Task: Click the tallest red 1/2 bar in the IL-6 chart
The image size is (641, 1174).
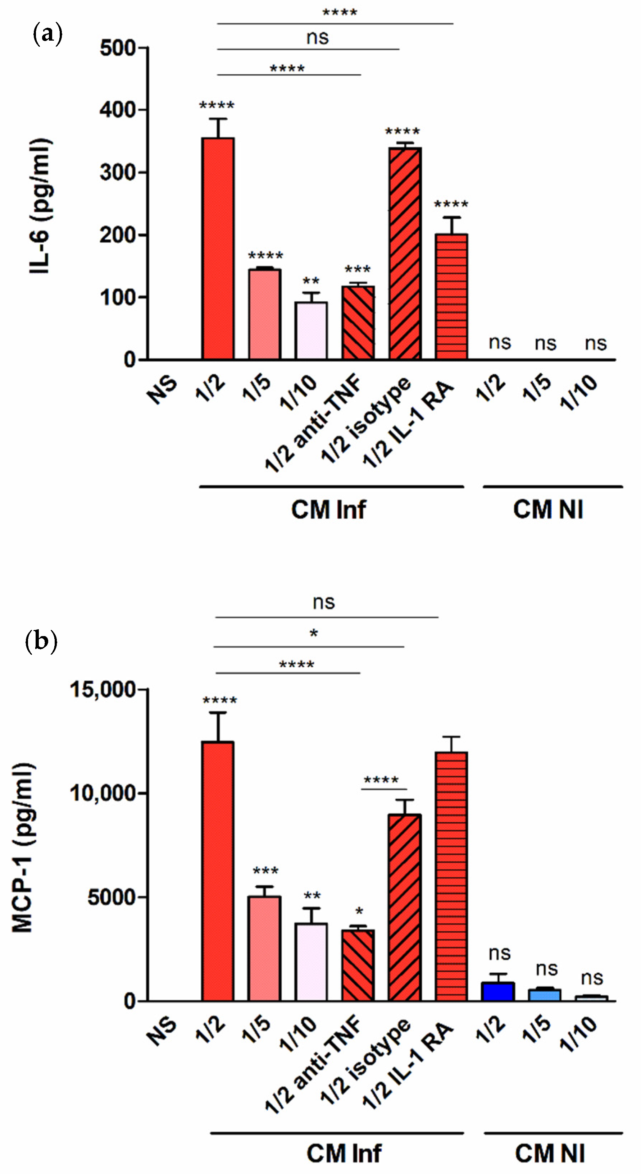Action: tap(218, 248)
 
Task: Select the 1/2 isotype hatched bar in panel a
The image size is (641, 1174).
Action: tap(405, 253)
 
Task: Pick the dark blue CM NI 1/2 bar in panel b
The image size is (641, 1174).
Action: tap(498, 992)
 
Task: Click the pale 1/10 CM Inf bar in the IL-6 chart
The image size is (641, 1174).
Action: tap(311, 330)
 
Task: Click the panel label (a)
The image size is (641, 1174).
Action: tap(48, 35)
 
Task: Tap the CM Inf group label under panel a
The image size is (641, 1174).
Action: tap(328, 510)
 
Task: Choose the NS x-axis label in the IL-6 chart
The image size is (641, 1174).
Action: tap(162, 390)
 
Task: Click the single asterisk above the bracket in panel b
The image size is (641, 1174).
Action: tap(313, 634)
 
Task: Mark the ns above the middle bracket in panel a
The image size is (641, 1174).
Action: tap(317, 38)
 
